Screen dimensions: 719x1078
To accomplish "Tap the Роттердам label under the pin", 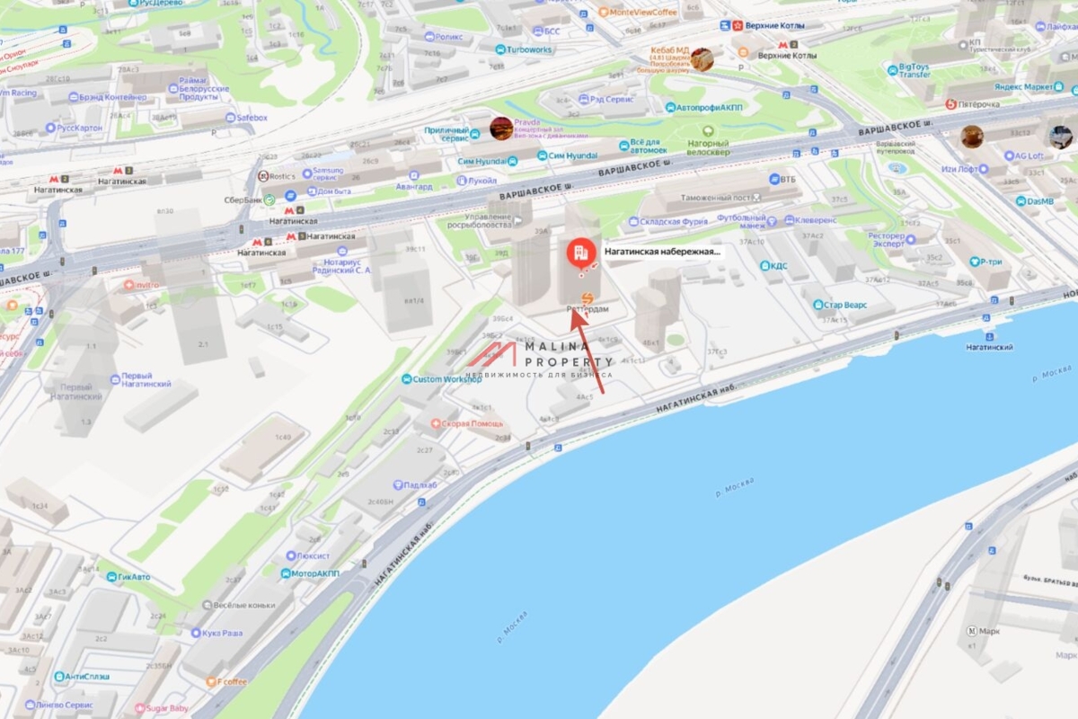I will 588,309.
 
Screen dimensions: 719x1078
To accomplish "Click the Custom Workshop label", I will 447,379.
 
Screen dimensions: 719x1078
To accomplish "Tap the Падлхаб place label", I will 420,485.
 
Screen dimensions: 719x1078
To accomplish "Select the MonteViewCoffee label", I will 642,13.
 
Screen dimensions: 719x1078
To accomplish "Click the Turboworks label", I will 527,49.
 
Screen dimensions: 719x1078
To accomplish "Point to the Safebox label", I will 251,118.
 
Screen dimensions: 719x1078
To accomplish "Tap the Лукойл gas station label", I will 482,181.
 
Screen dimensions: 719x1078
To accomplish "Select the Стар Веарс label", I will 847,305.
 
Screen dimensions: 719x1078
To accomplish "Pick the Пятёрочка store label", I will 976,104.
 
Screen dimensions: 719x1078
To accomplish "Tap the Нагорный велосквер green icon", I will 708,131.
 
